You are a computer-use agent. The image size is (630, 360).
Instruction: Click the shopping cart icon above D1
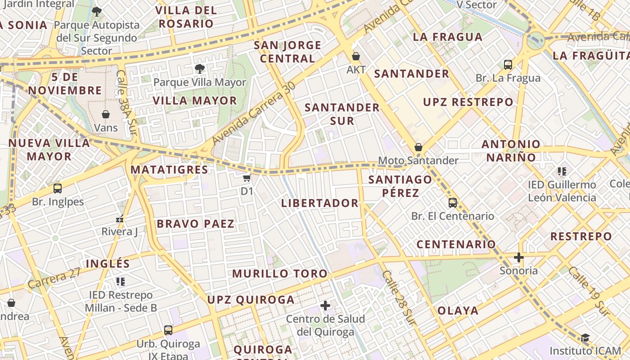coord(247,178)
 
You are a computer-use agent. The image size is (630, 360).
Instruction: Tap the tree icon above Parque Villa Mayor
coord(199,69)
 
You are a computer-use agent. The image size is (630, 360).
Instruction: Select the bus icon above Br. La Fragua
coord(508,65)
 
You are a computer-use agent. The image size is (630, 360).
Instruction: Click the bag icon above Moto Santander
coord(418,147)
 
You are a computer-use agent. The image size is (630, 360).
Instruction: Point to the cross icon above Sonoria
coord(519,257)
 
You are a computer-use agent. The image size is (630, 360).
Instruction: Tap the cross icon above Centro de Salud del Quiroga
coord(325,306)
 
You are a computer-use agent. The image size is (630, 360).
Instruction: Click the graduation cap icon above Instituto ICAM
coord(585,337)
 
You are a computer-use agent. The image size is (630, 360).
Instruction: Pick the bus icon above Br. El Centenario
coord(453,203)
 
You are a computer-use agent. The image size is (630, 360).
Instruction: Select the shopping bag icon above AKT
coord(356,56)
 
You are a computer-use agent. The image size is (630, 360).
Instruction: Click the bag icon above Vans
coord(106,114)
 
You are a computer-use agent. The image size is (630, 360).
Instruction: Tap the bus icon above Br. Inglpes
coord(58,189)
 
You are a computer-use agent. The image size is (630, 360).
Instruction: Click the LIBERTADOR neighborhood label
coord(319,203)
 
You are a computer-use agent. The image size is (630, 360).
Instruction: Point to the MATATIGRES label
coord(169,170)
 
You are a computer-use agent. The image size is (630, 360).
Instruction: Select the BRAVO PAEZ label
coord(195,224)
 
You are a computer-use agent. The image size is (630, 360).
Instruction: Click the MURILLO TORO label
coord(280,273)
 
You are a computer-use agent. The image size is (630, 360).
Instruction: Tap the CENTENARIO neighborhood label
coord(456,244)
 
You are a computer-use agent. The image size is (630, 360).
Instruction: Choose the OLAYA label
coord(458,310)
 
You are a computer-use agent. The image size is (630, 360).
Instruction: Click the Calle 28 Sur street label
coord(398,297)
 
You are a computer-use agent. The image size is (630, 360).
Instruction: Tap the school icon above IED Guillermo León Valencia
coord(562,171)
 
